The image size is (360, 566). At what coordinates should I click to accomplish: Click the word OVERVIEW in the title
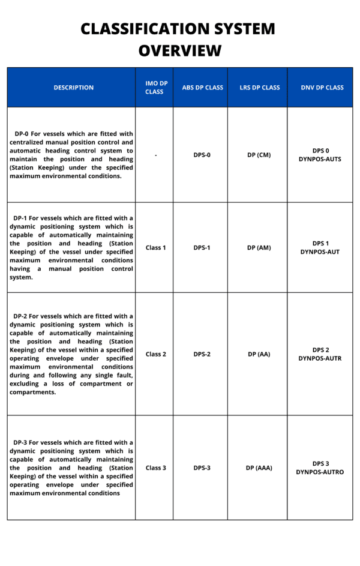point(180,50)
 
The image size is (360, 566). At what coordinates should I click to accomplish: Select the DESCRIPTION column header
point(73,88)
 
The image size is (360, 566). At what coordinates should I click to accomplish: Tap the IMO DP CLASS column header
point(154,88)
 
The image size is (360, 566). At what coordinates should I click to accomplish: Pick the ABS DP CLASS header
point(202,88)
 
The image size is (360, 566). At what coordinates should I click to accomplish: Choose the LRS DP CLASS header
point(259,88)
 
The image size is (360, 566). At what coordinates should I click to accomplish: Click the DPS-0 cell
point(202,155)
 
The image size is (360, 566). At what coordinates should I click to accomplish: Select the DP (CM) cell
point(259,155)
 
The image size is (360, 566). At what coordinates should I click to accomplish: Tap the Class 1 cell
point(155,247)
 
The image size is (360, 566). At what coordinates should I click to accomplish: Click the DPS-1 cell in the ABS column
point(202,247)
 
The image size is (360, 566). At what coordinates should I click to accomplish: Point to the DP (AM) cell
point(259,247)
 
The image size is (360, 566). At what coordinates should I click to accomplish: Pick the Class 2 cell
point(155,354)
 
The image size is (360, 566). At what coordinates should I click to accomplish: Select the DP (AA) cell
point(259,354)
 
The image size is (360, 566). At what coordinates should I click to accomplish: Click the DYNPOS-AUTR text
point(320,358)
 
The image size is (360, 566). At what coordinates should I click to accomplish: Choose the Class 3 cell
point(155,468)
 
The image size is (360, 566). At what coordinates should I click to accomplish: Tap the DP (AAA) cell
point(259,468)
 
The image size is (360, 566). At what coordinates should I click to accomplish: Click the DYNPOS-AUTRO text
point(320,472)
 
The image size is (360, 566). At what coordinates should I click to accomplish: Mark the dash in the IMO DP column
point(155,155)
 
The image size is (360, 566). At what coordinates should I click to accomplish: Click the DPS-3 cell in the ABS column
point(202,468)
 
